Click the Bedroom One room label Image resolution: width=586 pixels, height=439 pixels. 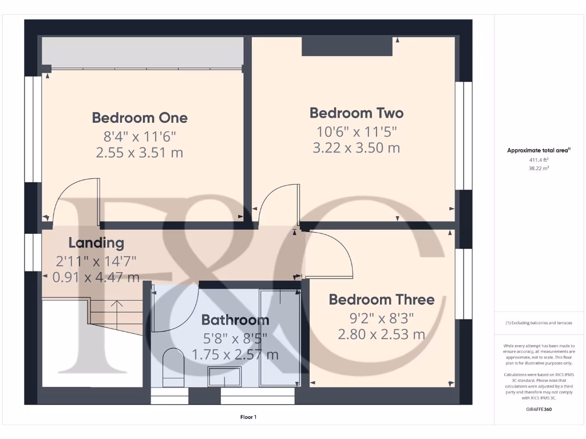140,118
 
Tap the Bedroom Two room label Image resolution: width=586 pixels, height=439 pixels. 357,113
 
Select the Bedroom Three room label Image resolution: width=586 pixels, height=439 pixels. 382,300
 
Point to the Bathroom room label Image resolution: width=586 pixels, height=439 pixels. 235,320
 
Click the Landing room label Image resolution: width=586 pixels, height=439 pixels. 96,242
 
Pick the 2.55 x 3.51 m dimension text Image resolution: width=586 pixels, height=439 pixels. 140,153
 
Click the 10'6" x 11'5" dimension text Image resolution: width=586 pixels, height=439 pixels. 357,131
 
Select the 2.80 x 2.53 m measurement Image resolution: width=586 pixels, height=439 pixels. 382,334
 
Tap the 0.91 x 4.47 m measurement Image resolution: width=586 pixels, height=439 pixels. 96,277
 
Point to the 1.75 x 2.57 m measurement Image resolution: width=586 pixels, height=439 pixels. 235,354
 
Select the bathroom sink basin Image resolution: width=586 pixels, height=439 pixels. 224,377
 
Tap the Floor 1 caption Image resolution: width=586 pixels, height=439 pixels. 248,417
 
